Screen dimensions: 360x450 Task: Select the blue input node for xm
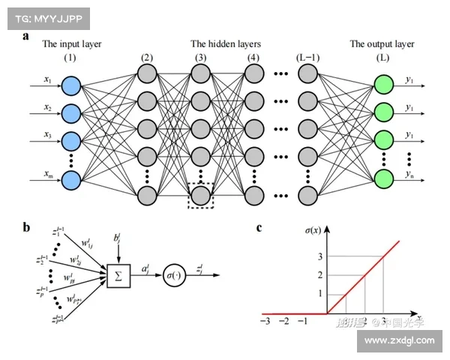[x=71, y=180]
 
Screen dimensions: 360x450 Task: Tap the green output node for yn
[x=383, y=179]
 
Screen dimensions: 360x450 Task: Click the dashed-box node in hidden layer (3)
[x=199, y=195]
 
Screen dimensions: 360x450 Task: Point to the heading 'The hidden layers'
[x=226, y=43]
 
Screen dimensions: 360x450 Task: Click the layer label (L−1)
[x=307, y=58]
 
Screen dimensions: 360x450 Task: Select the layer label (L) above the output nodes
[x=383, y=58]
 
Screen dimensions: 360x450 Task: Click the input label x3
[x=47, y=135]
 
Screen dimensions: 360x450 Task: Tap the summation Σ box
[x=118, y=276]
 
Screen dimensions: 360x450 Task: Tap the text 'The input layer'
[x=71, y=43]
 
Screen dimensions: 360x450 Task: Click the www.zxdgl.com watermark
[x=399, y=340]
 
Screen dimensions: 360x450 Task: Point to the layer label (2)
[x=147, y=58]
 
